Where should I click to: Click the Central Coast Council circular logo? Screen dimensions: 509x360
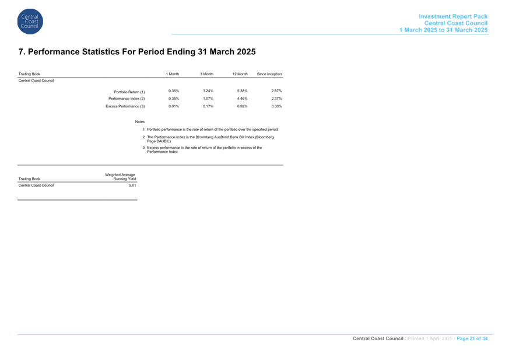point(30,22)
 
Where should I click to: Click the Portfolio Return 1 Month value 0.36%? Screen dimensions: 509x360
point(174,91)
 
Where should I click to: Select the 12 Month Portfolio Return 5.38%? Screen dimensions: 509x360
point(242,91)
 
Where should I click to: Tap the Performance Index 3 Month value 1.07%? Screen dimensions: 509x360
point(208,99)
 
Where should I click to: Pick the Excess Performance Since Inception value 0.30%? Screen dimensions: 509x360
point(276,106)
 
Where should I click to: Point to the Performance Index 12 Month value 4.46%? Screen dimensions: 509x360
point(242,99)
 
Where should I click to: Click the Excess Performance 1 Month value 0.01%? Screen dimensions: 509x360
point(174,106)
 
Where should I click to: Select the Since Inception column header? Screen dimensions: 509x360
point(269,74)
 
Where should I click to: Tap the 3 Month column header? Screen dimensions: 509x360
point(207,74)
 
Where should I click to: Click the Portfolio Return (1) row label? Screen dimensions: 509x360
point(129,92)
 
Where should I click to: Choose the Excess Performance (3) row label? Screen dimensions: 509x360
point(125,106)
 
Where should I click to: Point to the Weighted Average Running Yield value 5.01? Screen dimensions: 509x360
point(132,185)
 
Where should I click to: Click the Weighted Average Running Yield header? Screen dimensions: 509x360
point(121,177)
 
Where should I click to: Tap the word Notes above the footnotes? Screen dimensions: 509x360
point(140,121)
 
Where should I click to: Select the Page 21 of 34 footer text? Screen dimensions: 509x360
point(472,338)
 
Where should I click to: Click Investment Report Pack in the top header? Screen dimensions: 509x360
point(453,16)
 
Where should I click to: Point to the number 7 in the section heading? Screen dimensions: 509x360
point(21,52)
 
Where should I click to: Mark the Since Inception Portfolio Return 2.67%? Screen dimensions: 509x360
point(276,91)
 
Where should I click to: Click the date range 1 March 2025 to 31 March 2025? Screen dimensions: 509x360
point(444,30)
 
